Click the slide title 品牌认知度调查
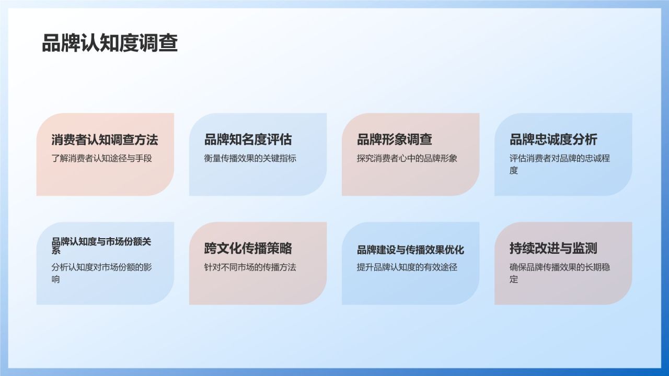click(x=110, y=43)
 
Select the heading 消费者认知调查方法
click(x=105, y=139)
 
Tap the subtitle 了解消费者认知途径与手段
click(x=101, y=158)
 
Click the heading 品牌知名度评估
click(x=248, y=139)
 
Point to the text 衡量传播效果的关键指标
click(x=250, y=158)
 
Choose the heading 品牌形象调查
click(x=394, y=139)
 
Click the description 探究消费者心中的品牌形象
click(x=407, y=158)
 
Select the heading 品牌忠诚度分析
click(x=553, y=139)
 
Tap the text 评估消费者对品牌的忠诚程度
click(x=559, y=158)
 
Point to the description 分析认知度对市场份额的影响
click(x=101, y=267)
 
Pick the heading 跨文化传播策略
click(x=248, y=248)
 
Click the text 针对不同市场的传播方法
click(x=250, y=267)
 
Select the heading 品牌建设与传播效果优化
click(x=410, y=250)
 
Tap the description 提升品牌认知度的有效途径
click(x=407, y=267)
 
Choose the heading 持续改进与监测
click(x=553, y=248)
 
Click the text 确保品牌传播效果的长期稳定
click(x=559, y=267)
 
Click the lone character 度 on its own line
click(x=514, y=171)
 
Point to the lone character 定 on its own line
click(x=514, y=279)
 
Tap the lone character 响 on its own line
click(x=55, y=279)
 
